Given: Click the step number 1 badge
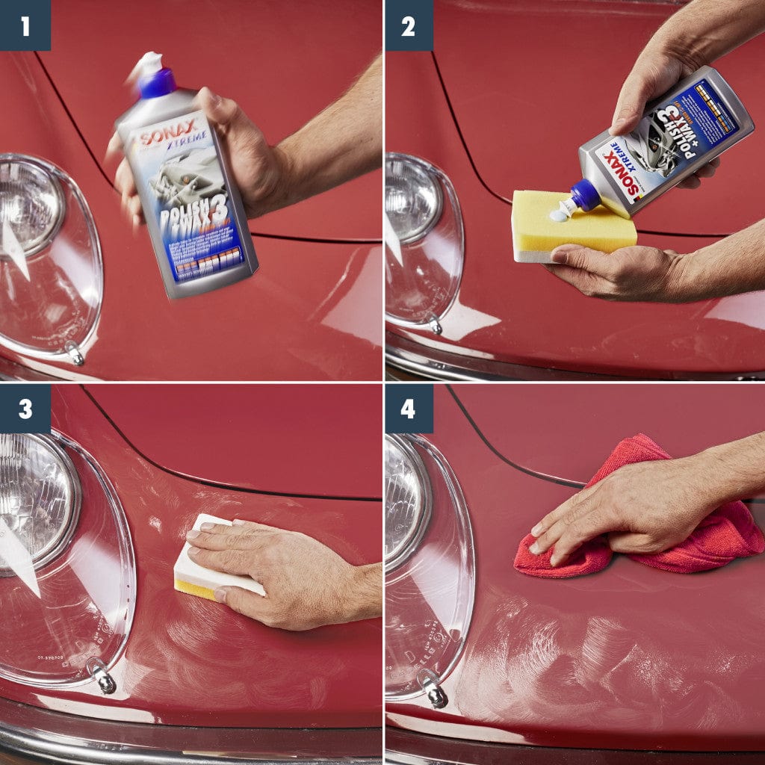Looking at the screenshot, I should (x=25, y=25).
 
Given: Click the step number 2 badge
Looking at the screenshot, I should (x=408, y=25).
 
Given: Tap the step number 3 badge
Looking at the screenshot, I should (x=25, y=409).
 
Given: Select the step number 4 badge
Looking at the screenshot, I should (x=408, y=409).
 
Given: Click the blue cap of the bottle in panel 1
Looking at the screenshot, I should (x=156, y=81).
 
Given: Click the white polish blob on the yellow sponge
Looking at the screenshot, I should (x=559, y=215).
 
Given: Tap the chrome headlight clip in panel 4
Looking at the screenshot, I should (x=433, y=687).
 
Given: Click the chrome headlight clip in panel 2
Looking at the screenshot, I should (x=433, y=324).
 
